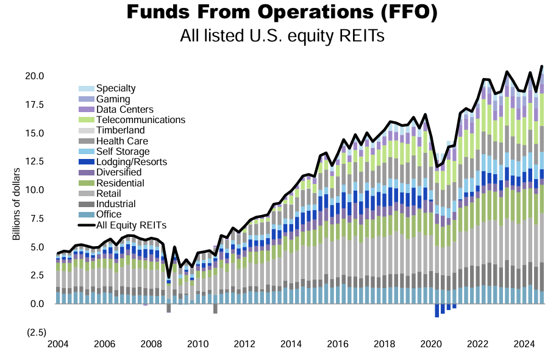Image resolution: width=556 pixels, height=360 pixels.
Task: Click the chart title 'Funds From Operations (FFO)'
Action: click(282, 13)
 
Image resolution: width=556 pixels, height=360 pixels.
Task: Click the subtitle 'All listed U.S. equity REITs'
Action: click(282, 36)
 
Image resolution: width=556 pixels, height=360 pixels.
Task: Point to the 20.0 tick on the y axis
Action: click(34, 76)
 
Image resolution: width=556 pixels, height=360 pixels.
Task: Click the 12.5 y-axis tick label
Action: click(34, 161)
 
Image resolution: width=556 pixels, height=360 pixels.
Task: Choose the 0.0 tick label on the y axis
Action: click(37, 304)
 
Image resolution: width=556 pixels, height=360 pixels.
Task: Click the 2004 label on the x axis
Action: click(58, 344)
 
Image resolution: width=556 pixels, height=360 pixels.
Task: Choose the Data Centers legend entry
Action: click(124, 110)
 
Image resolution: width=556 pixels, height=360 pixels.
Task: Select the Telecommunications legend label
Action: click(140, 120)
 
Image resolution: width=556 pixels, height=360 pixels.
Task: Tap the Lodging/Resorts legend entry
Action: click(131, 162)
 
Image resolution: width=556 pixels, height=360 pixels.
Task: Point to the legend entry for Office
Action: click(109, 214)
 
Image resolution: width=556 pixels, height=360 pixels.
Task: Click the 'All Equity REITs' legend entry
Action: click(131, 225)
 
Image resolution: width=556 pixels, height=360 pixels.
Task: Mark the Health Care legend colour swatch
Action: click(87, 141)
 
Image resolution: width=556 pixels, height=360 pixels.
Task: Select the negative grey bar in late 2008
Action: click(169, 308)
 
